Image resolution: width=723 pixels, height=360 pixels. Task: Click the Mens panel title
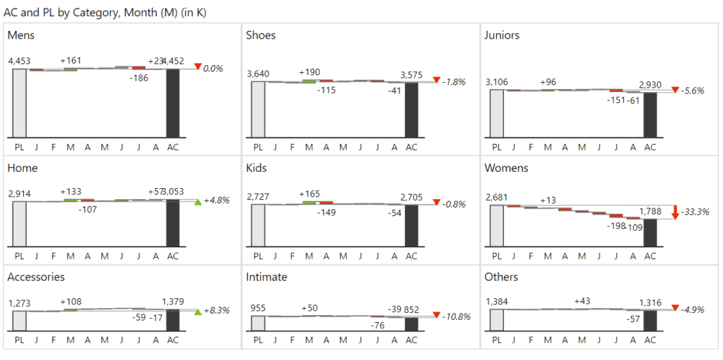[21, 35]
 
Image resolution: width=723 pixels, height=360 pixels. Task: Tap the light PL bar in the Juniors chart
[497, 113]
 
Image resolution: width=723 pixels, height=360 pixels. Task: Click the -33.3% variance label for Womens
[696, 211]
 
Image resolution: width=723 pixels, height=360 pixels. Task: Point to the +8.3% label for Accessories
[217, 310]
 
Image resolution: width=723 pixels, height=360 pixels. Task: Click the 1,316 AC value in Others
[649, 302]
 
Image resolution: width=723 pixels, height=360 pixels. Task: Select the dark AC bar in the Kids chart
[411, 225]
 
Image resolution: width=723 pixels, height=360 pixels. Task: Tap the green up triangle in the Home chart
[198, 202]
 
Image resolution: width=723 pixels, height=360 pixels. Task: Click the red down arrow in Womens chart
[675, 211]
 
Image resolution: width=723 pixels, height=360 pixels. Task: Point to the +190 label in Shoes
[310, 72]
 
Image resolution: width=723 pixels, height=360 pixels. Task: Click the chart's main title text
[105, 13]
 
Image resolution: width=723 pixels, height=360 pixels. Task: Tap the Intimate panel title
[266, 276]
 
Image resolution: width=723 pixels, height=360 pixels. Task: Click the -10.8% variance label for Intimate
[456, 316]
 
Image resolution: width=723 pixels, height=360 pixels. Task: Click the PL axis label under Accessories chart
[19, 340]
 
